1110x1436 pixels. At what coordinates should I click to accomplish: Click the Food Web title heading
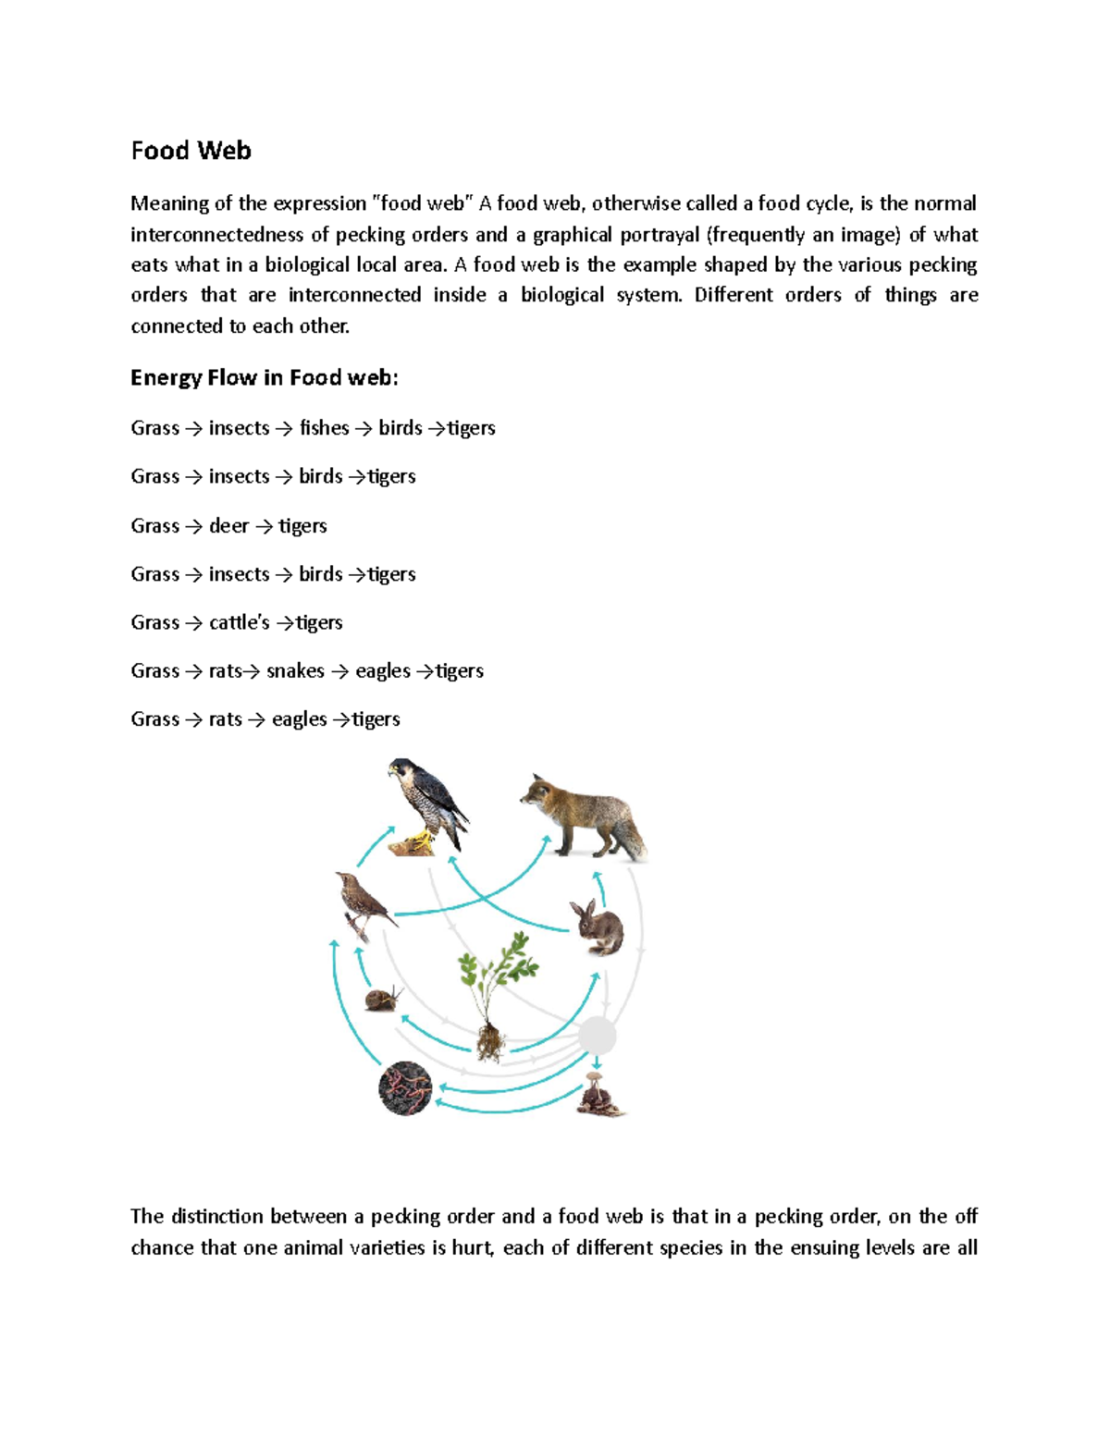click(191, 151)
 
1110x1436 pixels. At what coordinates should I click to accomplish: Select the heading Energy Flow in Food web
click(264, 377)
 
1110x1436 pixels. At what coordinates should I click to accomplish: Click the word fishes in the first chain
click(324, 428)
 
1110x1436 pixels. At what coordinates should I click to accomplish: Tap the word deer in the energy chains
click(228, 526)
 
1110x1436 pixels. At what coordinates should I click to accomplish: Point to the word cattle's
click(239, 622)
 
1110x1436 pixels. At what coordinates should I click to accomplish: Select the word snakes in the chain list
click(295, 671)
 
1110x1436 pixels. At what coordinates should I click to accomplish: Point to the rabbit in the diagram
click(597, 927)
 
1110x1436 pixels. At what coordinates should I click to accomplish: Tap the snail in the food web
click(383, 999)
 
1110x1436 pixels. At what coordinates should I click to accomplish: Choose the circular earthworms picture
click(405, 1087)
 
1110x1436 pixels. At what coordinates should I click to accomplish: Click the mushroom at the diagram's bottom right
click(599, 1095)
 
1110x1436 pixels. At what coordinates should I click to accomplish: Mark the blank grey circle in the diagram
click(597, 1037)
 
